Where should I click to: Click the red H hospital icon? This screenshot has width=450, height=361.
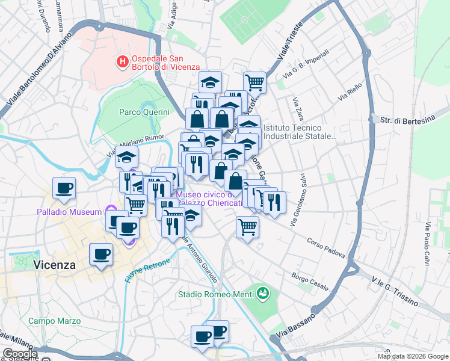pyautogui.click(x=122, y=61)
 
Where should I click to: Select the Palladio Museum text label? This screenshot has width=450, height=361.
pyautogui.click(x=69, y=212)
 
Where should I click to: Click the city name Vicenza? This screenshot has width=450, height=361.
pyautogui.click(x=55, y=265)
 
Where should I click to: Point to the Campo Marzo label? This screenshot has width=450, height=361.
pyautogui.click(x=54, y=321)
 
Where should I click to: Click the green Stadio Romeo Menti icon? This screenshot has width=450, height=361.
pyautogui.click(x=262, y=294)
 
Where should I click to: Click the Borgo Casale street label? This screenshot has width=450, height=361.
pyautogui.click(x=309, y=280)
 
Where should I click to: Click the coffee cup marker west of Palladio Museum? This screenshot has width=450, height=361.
pyautogui.click(x=64, y=188)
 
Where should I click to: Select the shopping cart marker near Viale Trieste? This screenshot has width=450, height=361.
pyautogui.click(x=254, y=82)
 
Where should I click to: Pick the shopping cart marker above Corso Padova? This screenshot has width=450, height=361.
pyautogui.click(x=247, y=227)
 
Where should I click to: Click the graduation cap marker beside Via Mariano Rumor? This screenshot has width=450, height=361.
pyautogui.click(x=126, y=157)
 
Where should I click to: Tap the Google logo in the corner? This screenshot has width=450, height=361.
pyautogui.click(x=20, y=354)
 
